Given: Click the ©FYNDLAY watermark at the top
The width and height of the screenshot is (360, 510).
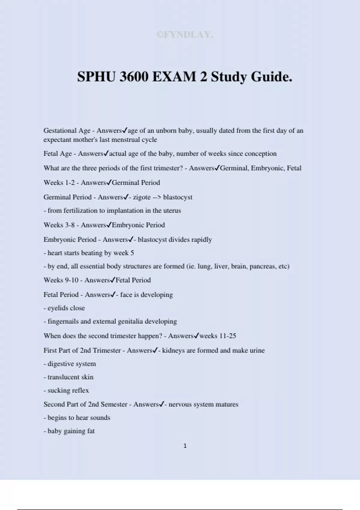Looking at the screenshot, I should click(185, 35).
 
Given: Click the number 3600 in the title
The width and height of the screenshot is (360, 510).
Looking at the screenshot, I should click(134, 77).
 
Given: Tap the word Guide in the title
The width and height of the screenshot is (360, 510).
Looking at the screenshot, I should click(271, 77).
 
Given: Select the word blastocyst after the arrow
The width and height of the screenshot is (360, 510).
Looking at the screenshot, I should click(178, 197).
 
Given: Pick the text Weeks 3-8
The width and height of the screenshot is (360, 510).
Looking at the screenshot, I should click(59, 225).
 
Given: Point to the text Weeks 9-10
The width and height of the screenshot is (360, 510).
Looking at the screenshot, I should click(61, 280).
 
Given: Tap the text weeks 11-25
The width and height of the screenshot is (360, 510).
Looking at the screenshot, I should click(217, 336).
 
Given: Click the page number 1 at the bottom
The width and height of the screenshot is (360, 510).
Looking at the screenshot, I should click(185, 446).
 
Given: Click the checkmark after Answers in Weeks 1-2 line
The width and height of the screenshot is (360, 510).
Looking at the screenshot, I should click(109, 182).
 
